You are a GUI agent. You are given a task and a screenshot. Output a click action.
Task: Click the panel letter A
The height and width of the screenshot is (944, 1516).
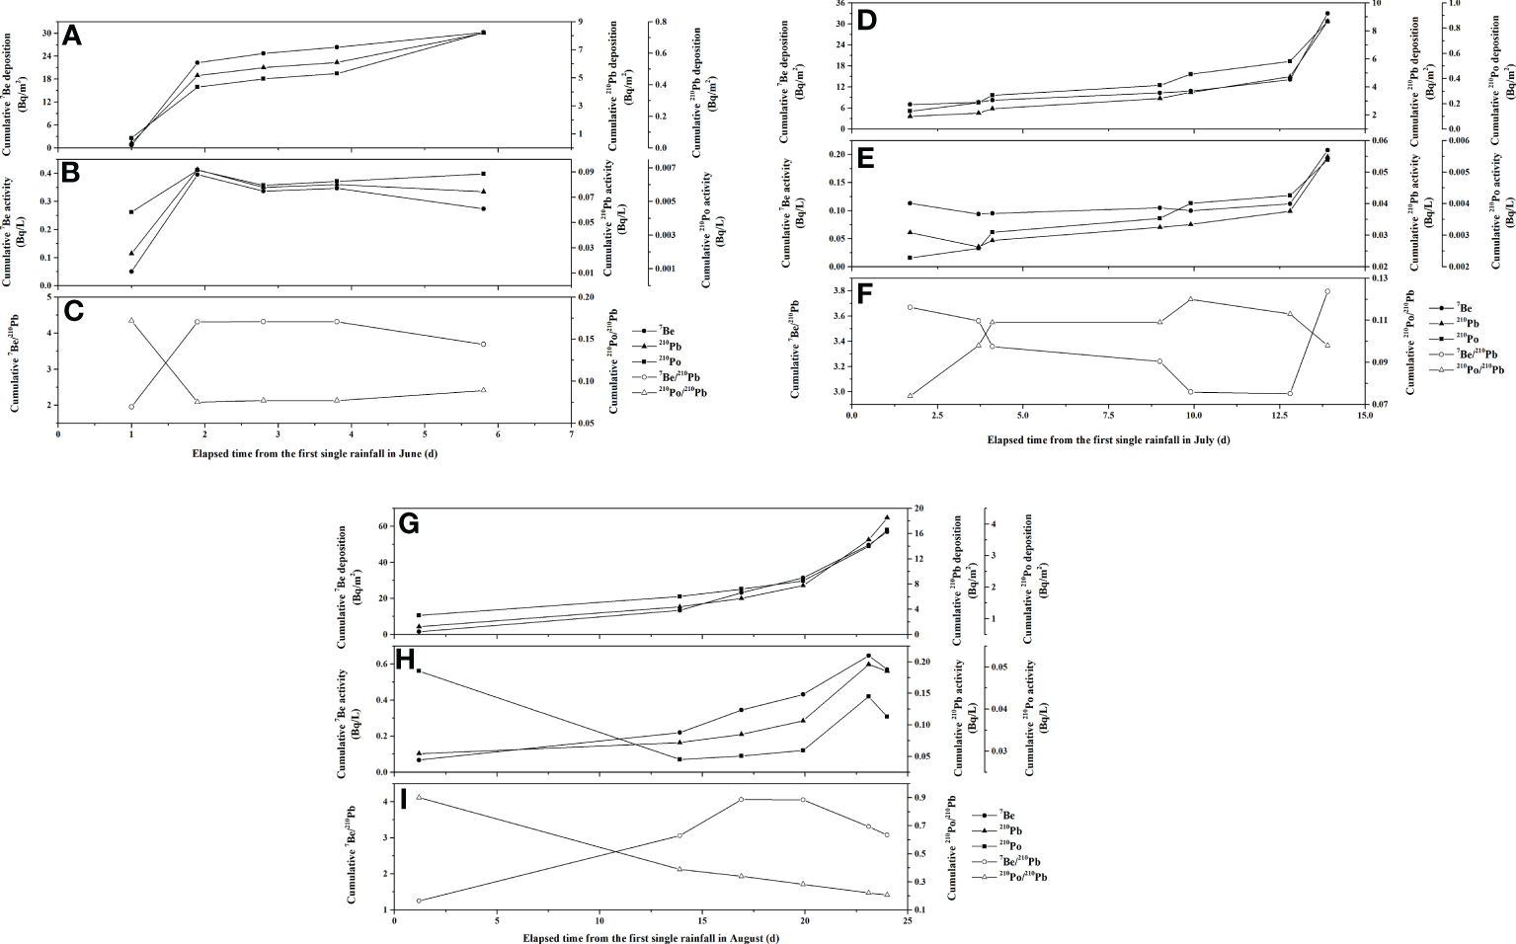(71, 38)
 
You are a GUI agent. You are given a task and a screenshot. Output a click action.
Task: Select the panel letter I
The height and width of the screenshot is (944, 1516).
(403, 799)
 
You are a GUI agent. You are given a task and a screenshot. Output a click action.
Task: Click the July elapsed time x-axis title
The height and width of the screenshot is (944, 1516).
(1107, 440)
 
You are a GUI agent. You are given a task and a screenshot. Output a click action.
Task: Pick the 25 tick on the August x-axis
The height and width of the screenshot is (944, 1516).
(907, 920)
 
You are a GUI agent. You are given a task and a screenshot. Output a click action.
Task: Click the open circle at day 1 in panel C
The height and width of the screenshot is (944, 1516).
(131, 407)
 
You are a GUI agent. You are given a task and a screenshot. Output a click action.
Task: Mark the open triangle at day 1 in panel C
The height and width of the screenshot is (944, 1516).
(131, 321)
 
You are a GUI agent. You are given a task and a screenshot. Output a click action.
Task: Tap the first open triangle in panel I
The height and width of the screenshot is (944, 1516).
(419, 797)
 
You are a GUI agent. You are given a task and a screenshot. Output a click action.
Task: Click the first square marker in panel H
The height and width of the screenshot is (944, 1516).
(419, 671)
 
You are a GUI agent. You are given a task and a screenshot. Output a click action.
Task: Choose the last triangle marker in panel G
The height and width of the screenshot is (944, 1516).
(887, 517)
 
